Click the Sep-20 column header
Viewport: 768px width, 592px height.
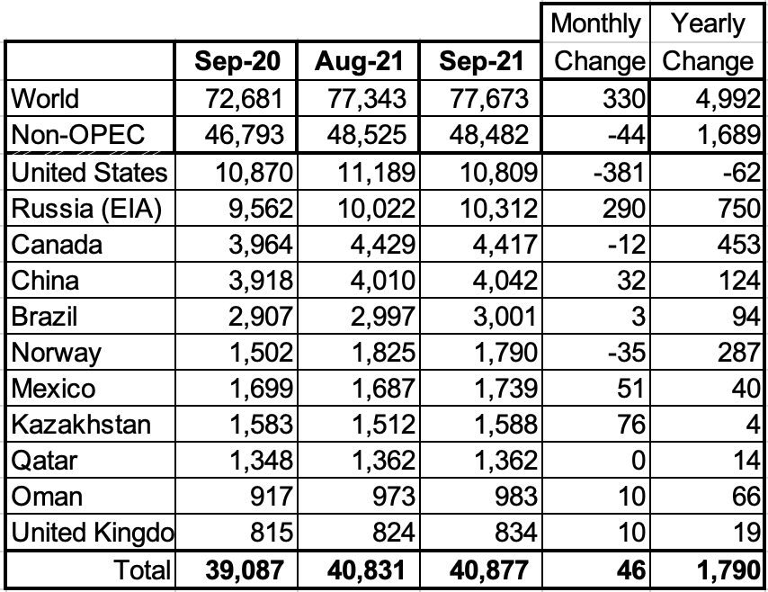238,61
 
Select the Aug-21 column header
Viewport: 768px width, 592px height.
360,61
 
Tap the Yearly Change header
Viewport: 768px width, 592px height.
708,42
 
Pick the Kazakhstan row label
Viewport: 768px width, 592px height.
80,424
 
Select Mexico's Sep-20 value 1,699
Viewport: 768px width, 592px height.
256,388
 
